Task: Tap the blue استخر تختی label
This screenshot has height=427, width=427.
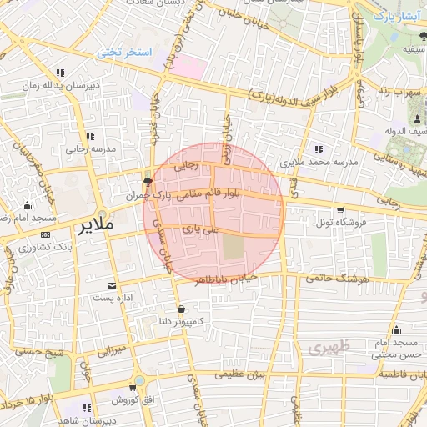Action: (x=125, y=53)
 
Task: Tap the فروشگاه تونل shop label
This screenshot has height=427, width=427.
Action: (x=339, y=224)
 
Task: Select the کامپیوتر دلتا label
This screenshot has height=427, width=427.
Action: (x=184, y=321)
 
